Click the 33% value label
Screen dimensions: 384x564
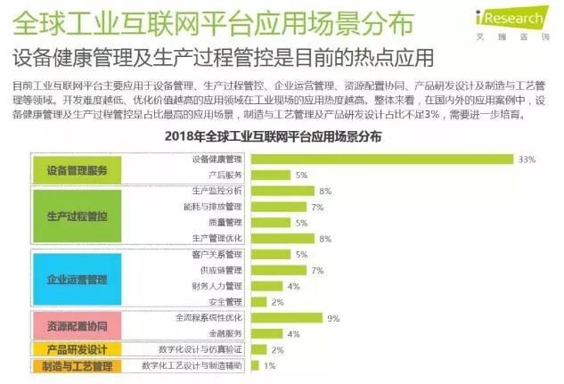click(527, 159)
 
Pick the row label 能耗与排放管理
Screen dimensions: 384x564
click(214, 207)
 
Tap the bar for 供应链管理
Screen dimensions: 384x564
click(278, 270)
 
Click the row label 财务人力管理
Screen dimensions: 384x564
click(216, 286)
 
